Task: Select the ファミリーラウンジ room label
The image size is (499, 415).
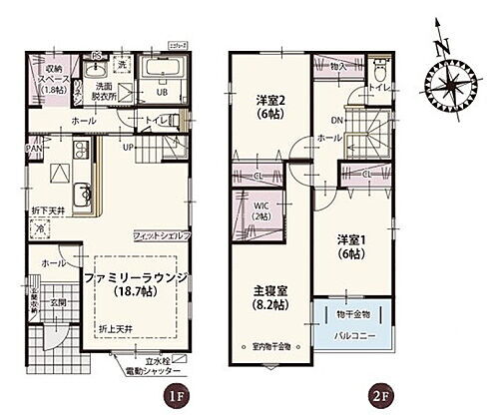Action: [134, 282]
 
